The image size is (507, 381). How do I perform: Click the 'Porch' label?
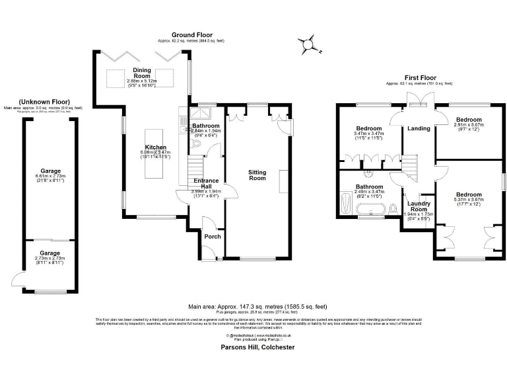click(213, 236)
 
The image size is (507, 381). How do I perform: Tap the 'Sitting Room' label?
click(257, 175)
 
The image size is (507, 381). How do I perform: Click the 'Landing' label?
click(419, 128)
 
